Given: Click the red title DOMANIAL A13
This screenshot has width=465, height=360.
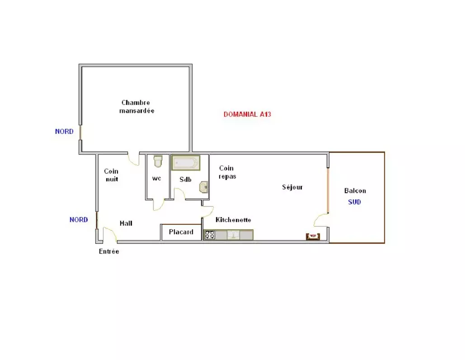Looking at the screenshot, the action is pos(247,114).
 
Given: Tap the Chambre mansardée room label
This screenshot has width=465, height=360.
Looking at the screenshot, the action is pos(137,107).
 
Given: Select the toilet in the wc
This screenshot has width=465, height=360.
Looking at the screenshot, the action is pos(158,161).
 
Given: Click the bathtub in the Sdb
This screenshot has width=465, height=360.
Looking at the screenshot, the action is pos(186,163).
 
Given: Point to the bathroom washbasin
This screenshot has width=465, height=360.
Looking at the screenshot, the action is pos(203,187).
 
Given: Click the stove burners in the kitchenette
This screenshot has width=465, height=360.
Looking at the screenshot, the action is pos(210,235).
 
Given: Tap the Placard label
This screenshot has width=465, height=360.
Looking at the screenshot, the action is pos(181,232).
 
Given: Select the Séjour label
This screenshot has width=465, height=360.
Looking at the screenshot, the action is pos(292,187).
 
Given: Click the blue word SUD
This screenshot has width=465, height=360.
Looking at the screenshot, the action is pos(354,202).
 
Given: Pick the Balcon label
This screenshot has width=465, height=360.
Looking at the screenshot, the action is pos(355,190).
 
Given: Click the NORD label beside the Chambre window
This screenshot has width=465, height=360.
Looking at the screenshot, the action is pos(64,132).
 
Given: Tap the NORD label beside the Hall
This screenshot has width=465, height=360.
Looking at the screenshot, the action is pos(79,220).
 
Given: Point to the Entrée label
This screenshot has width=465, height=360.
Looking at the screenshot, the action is pos(109,251).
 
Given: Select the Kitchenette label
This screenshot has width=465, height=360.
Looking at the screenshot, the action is pos(233,220).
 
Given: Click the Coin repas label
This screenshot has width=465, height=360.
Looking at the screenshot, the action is pos(227,172).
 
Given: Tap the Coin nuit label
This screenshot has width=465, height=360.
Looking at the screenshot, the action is pos(112,175).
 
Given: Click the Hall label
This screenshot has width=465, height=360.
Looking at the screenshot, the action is pos(126,223).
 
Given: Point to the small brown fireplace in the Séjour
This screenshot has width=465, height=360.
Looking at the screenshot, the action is pos(313,237).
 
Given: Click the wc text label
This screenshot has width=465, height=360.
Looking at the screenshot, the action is pos(156,178).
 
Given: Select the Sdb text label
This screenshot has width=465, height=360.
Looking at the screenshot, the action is pos(185,180).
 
